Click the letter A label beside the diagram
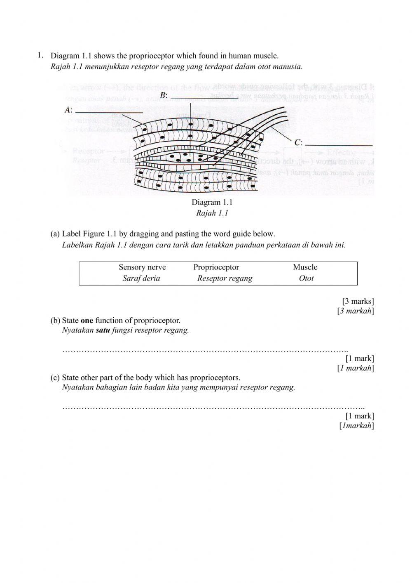[x=68, y=110]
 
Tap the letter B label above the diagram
[x=163, y=95]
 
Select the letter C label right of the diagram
[x=298, y=143]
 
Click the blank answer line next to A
[x=110, y=112]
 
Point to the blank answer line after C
[x=339, y=145]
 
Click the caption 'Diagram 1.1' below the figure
[x=212, y=202]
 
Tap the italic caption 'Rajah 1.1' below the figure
[x=212, y=213]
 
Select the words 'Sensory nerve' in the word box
[x=142, y=267]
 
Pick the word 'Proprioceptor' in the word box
[x=216, y=267]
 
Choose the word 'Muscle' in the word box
[x=305, y=267]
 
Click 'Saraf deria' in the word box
[x=141, y=278]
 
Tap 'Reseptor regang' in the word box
[x=225, y=278]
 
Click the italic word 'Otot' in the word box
[x=306, y=278]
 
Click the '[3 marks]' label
[x=358, y=301]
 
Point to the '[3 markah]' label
[x=356, y=311]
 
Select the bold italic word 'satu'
[x=103, y=330]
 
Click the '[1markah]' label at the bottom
[x=356, y=425]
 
